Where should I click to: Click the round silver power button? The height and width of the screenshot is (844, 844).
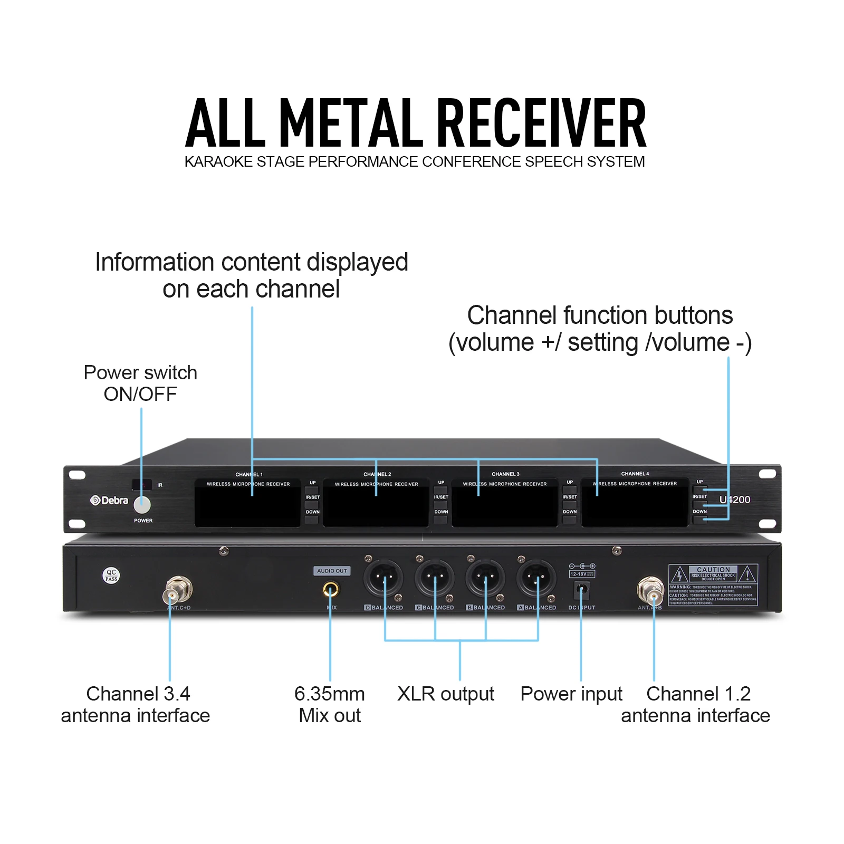tap(142, 505)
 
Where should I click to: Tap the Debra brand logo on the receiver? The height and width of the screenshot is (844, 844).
tap(109, 500)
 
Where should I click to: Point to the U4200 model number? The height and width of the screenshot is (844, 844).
tap(735, 500)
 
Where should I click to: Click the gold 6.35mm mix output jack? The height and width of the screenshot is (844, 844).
tap(331, 589)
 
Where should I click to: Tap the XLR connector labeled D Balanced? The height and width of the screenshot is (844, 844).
tap(383, 578)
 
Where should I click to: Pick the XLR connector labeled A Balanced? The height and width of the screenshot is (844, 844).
tap(536, 578)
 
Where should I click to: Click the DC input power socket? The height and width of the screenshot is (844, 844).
tap(581, 589)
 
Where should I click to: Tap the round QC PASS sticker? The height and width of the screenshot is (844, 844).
tap(111, 575)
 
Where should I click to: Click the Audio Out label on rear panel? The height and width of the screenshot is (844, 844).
tap(332, 571)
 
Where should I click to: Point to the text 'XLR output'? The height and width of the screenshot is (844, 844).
tap(446, 694)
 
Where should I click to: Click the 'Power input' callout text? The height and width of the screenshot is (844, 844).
tap(571, 694)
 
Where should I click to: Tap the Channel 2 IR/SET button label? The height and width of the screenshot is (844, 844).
tap(441, 497)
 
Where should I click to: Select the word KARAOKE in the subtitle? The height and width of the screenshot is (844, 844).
tap(218, 161)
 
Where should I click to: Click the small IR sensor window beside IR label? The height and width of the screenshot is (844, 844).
tap(142, 484)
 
